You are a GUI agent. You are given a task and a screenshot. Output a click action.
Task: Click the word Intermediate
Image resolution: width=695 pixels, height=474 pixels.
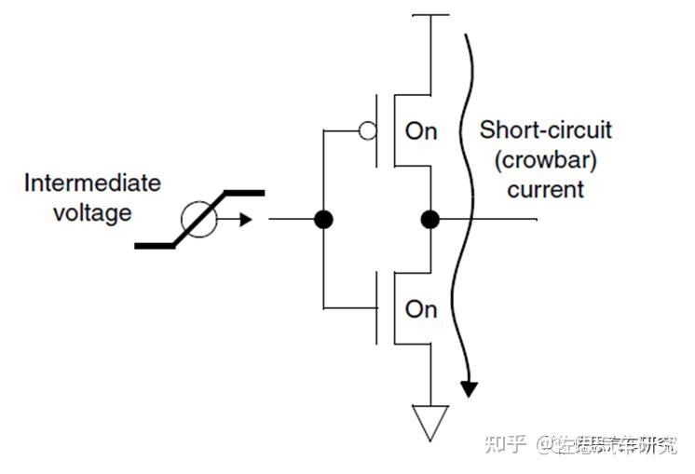pos(91,183)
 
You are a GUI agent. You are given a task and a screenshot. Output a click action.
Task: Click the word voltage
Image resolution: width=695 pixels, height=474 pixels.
pos(91,213)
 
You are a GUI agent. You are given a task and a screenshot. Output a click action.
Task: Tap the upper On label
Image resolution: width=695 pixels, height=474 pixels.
pos(420,131)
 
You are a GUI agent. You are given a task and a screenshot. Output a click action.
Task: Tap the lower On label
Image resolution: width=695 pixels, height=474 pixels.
pos(420,309)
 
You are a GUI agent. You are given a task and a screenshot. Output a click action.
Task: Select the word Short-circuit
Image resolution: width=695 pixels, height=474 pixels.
pos(545,130)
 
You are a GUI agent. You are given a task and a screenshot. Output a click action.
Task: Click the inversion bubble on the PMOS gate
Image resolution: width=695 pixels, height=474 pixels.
pos(368,131)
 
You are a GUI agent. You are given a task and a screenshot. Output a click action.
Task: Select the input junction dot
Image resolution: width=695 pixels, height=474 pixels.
pos(323,220)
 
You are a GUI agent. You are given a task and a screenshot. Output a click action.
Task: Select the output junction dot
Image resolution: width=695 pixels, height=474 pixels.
pos(429,220)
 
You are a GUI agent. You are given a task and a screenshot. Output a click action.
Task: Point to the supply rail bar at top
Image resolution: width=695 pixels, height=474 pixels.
pos(429,16)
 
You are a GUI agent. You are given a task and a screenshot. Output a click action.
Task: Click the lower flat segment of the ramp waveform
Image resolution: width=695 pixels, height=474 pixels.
pos(157,246)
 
